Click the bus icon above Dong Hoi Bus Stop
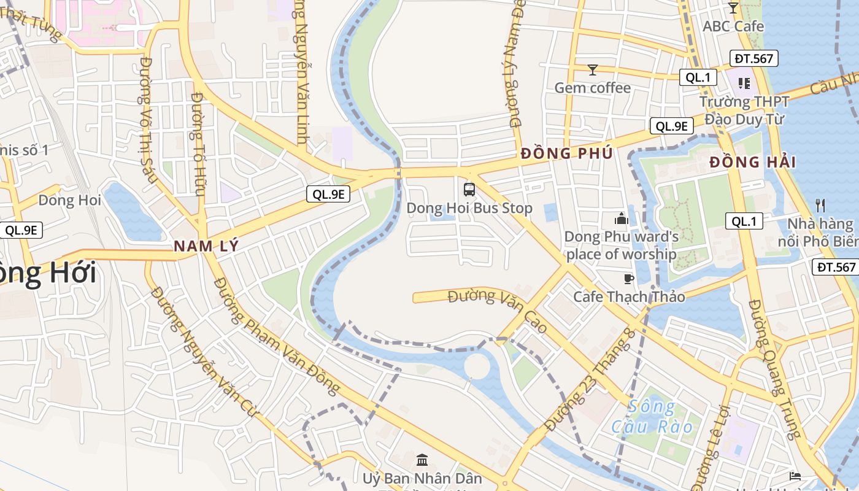coord(469,190)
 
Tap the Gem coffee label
coord(592,88)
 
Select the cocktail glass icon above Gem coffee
coord(592,70)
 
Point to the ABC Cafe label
coord(733,26)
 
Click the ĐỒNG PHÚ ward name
coord(566,153)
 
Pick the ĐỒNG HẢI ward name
coord(752,163)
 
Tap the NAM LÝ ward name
coord(205,246)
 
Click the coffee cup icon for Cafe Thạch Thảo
coord(628,279)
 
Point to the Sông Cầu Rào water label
coord(652,417)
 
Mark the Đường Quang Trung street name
coord(775,368)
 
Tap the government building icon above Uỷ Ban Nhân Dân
coord(422,460)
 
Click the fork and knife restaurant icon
coord(820,205)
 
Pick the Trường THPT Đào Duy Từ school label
coord(742,110)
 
